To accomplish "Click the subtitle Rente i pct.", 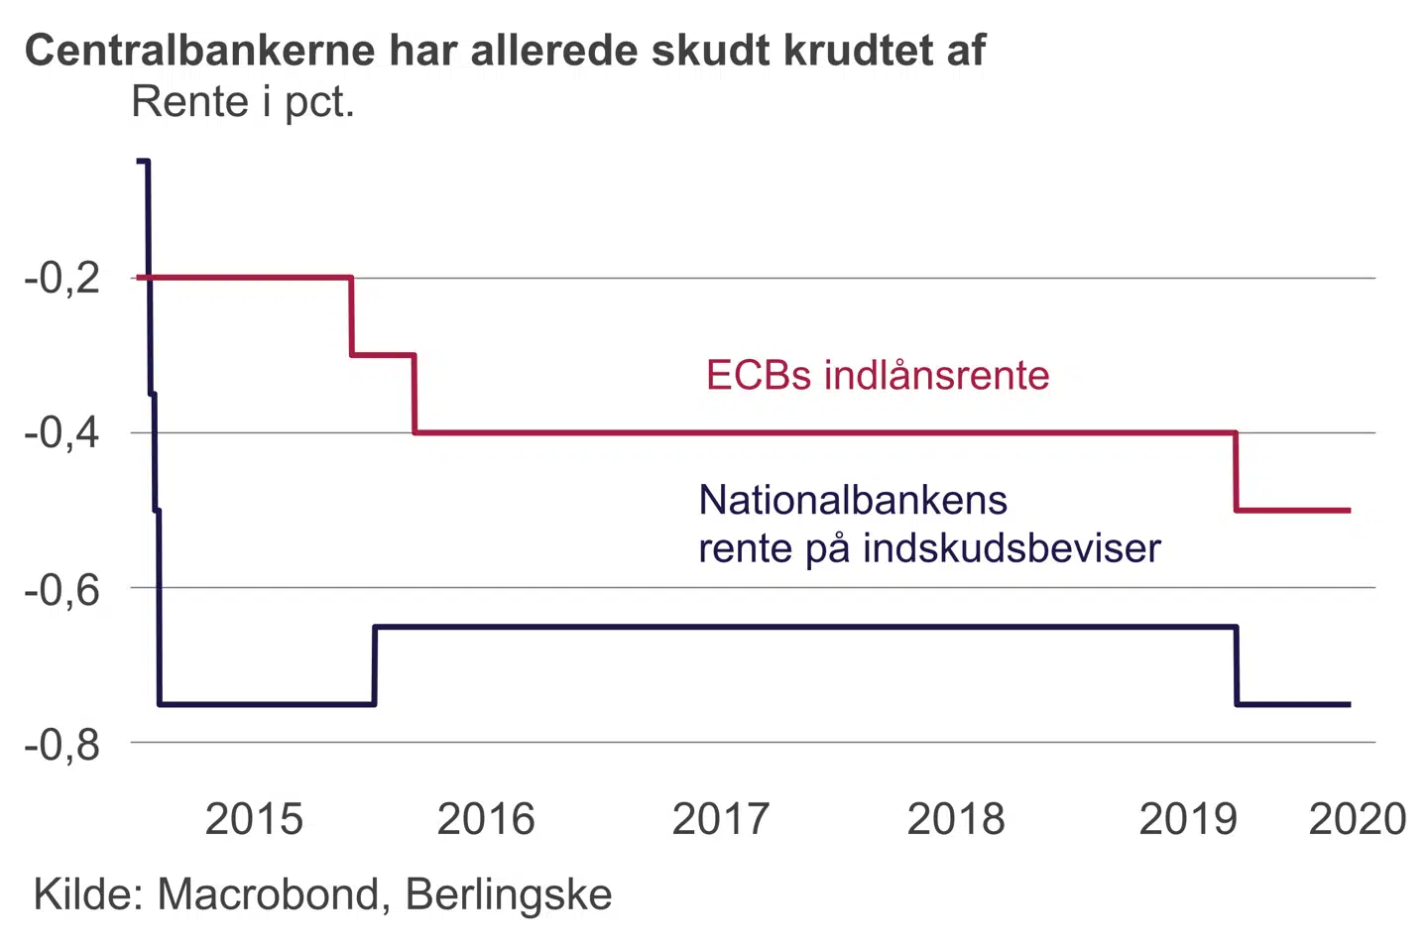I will (243, 102).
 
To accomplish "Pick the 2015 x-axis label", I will (254, 819).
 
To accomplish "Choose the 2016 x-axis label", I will (486, 819).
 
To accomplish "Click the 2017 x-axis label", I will (721, 819).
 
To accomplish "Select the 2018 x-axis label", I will (956, 819).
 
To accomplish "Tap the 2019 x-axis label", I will (1188, 819).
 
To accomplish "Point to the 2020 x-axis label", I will (1358, 819).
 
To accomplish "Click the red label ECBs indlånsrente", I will (878, 376).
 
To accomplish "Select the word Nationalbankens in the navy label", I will (853, 500).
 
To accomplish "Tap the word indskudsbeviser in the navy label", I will (1011, 548).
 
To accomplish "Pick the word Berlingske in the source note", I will (509, 894).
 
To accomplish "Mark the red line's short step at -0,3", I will (383, 354).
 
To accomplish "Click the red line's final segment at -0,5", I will (1293, 510).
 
